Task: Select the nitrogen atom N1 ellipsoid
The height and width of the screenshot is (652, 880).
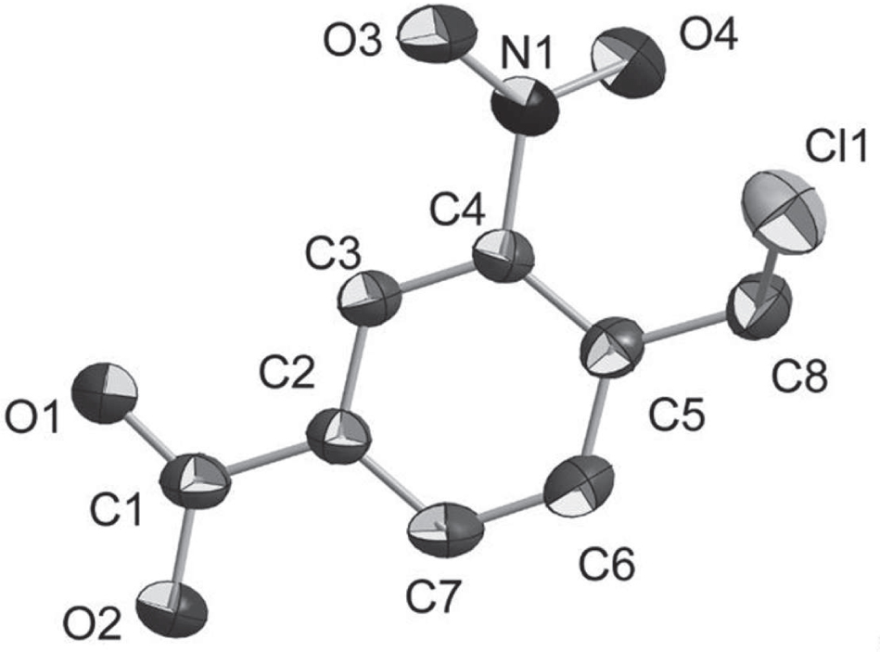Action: tap(526, 107)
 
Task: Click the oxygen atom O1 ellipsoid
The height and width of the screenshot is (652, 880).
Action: tap(106, 394)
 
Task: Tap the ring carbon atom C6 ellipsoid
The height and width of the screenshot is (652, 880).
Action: tap(580, 485)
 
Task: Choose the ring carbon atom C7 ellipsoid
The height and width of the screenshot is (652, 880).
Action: tap(446, 531)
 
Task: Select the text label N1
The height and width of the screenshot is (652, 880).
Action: tap(527, 56)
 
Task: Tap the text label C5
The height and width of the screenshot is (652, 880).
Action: tap(676, 415)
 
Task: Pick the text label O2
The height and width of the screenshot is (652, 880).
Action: tap(92, 623)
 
